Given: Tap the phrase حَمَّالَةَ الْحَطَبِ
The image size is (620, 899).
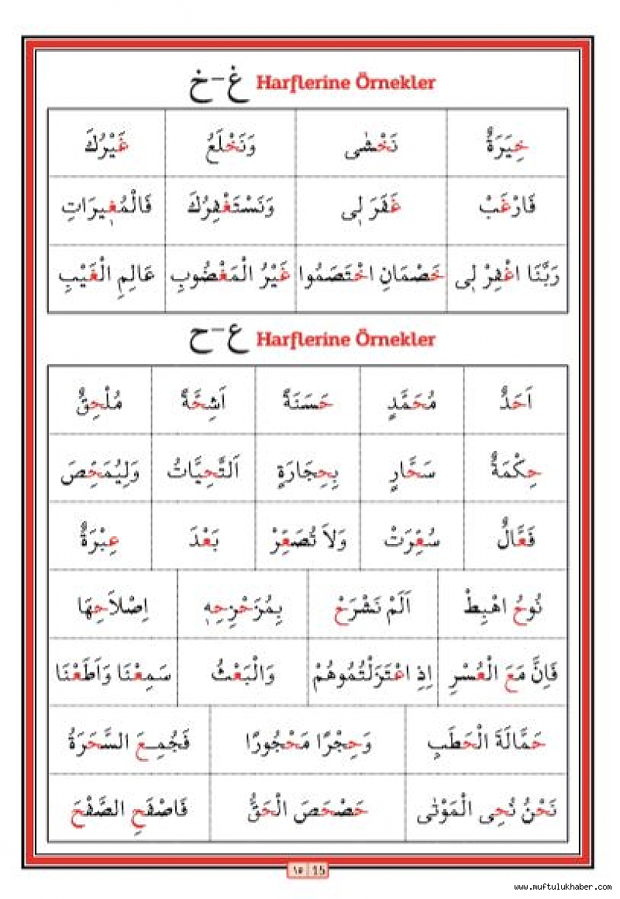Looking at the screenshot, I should (x=487, y=742).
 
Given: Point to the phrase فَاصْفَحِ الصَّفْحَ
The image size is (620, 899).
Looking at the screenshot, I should (x=129, y=810).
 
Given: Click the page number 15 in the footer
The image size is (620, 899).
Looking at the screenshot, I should (x=319, y=869).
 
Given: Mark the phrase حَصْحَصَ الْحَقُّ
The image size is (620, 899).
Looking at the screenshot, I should (x=308, y=810).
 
